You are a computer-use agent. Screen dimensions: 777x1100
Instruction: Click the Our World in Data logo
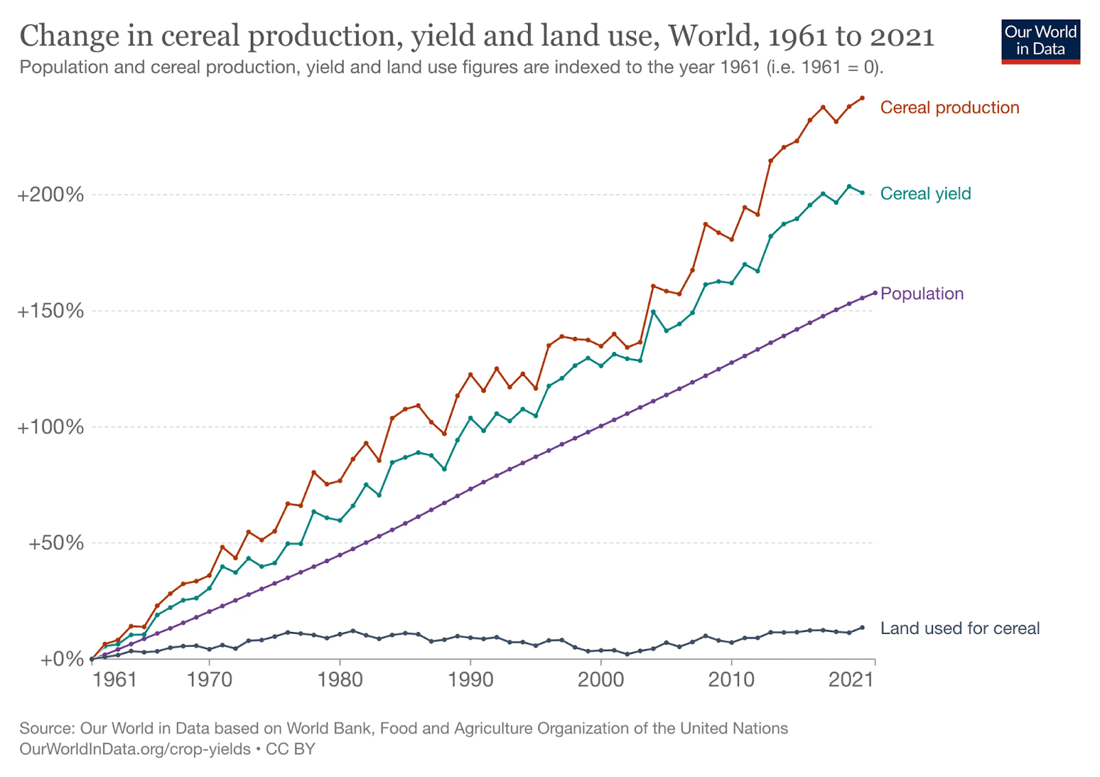[1040, 41]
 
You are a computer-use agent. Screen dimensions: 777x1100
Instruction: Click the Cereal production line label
[949, 108]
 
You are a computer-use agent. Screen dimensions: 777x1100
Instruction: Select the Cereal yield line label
[925, 194]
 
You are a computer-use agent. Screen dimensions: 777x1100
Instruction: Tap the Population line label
[922, 294]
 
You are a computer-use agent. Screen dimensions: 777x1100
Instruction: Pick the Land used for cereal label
[960, 628]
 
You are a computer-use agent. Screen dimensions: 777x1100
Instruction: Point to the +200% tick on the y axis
[51, 195]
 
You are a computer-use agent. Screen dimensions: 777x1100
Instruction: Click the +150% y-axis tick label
[51, 311]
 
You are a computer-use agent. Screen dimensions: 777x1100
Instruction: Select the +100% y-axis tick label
[51, 427]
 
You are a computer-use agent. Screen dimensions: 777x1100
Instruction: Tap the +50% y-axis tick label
[56, 543]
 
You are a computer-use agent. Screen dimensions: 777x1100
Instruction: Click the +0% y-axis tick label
[62, 659]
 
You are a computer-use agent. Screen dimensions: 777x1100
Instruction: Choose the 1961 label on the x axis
[115, 680]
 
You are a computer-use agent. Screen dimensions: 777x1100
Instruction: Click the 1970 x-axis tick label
[210, 680]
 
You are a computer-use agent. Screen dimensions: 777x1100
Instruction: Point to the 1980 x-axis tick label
[340, 680]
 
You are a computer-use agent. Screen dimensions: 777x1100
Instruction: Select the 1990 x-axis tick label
[470, 680]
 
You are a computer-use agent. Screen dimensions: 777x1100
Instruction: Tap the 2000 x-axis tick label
[601, 680]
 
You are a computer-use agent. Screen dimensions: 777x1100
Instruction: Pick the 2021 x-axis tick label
[851, 680]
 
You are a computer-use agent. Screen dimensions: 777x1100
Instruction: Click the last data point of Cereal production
[862, 98]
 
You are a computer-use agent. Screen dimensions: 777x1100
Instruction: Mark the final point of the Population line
[875, 293]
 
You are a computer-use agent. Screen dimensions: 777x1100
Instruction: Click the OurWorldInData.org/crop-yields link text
[135, 749]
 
